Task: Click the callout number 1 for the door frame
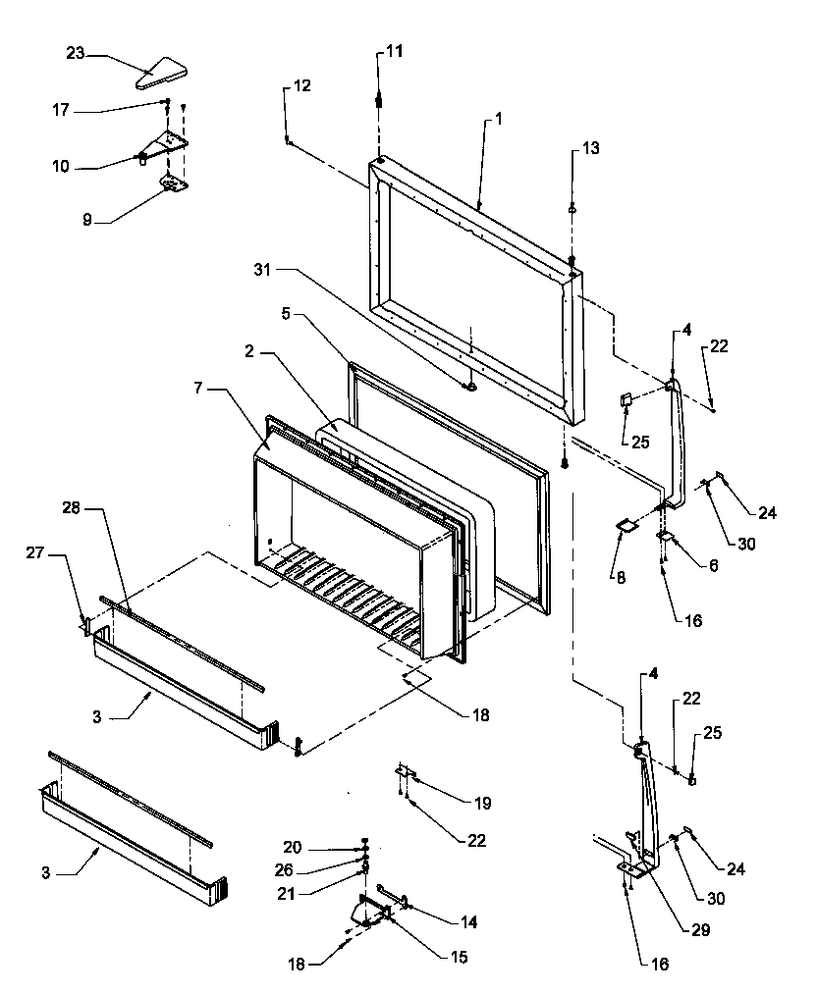tap(498, 118)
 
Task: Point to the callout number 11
tap(393, 50)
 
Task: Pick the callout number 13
tap(589, 148)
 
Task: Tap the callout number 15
tap(460, 957)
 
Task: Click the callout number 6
tap(712, 567)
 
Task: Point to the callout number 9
tap(87, 221)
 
